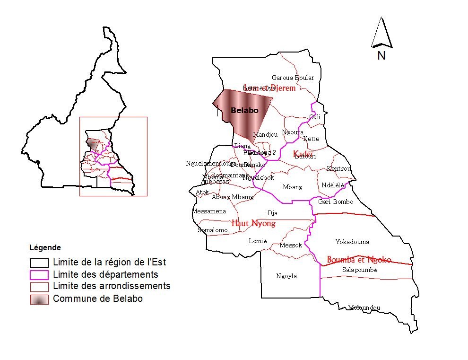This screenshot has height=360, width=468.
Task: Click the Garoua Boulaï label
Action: [289, 78]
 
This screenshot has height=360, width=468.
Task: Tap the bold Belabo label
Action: [244, 110]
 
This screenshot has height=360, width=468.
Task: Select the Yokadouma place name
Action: [352, 242]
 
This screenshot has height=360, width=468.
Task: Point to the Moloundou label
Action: [364, 307]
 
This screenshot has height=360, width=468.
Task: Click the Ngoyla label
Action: [286, 276]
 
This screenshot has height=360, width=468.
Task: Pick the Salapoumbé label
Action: [359, 270]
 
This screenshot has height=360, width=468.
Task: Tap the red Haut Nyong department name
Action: [253, 223]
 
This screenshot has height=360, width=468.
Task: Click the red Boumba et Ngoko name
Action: [359, 260]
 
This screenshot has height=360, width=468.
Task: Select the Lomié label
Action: [258, 241]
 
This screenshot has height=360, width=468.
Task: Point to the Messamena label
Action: [209, 211]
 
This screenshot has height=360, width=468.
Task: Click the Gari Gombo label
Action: [336, 202]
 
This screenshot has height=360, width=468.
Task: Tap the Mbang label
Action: [292, 187]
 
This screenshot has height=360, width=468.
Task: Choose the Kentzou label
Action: [339, 168]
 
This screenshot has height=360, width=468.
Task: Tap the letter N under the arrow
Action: [381, 55]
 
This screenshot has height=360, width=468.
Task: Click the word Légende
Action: [45, 247]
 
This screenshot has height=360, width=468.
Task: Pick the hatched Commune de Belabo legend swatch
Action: [39, 299]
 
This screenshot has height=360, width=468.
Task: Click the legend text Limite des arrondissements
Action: [112, 286]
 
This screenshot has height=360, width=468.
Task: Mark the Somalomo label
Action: [212, 230]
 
